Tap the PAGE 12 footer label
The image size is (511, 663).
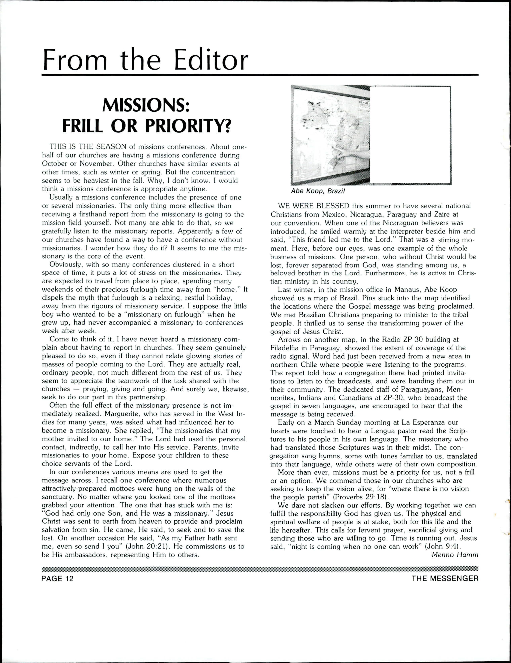57,579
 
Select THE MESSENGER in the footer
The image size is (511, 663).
445,579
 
